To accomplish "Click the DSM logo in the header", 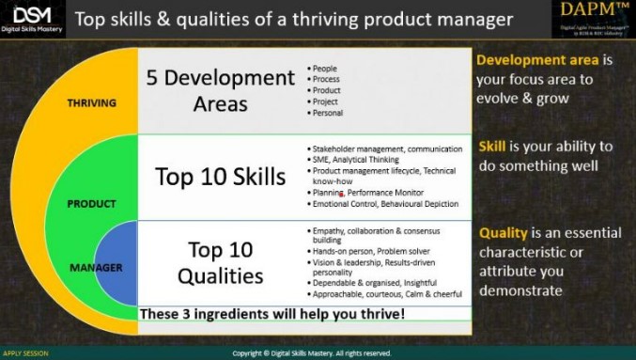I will [33, 18].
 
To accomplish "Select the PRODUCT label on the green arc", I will [92, 203].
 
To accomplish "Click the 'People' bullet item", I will [325, 69].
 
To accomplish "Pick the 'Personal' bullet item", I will [328, 113].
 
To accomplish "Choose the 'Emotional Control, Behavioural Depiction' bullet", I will [386, 203].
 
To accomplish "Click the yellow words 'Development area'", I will [535, 60].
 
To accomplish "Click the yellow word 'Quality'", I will [502, 233].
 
